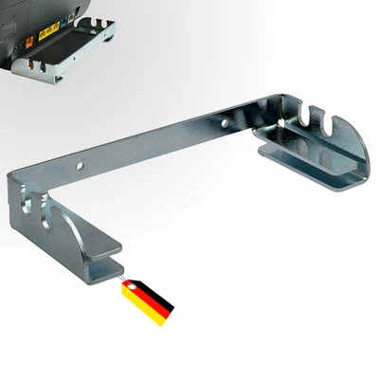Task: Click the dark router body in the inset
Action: (x=66, y=14)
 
